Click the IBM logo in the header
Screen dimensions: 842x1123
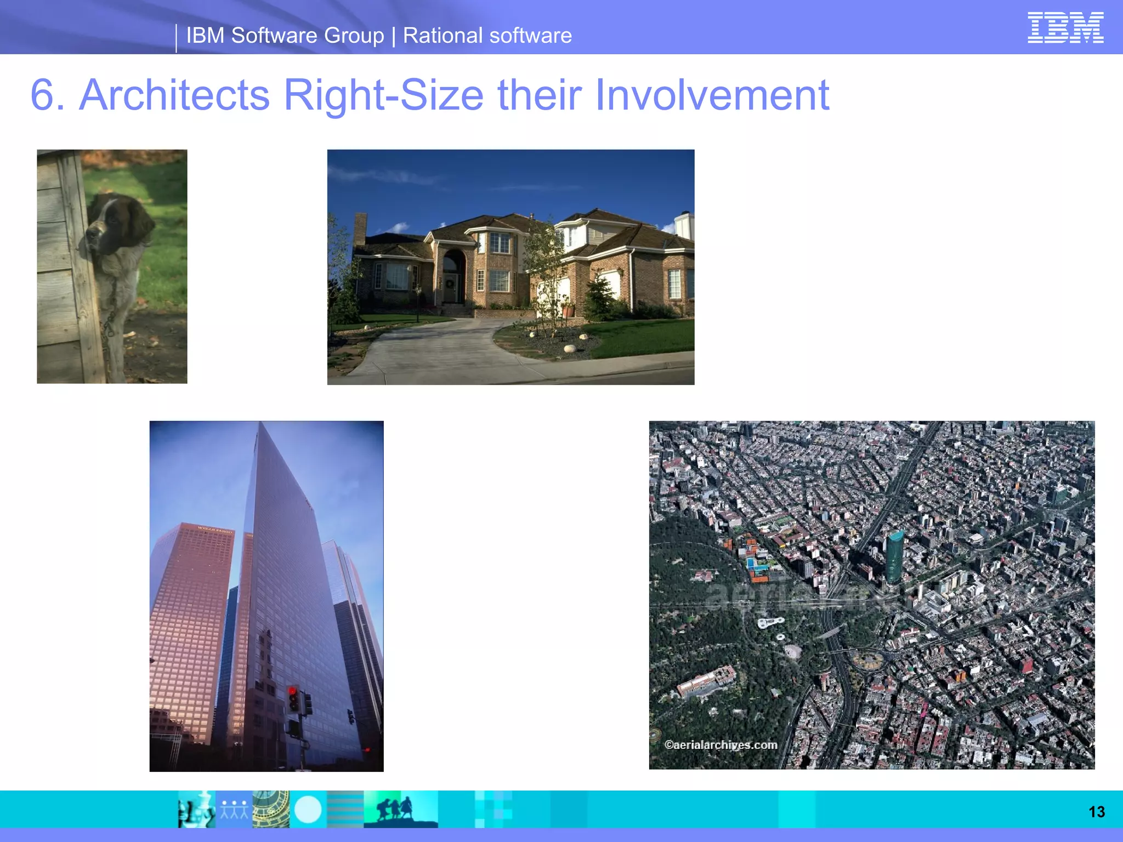[x=1065, y=28]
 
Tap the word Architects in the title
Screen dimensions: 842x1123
[x=174, y=95]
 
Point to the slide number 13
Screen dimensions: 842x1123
[x=1097, y=812]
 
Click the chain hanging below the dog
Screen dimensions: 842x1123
[x=110, y=323]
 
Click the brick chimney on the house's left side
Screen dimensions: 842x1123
[x=360, y=230]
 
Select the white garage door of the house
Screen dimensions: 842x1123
[x=610, y=285]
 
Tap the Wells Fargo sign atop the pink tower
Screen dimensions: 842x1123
[x=214, y=530]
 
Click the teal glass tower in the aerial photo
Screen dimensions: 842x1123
[x=894, y=556]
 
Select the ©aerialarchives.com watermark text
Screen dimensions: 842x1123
[x=721, y=745]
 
